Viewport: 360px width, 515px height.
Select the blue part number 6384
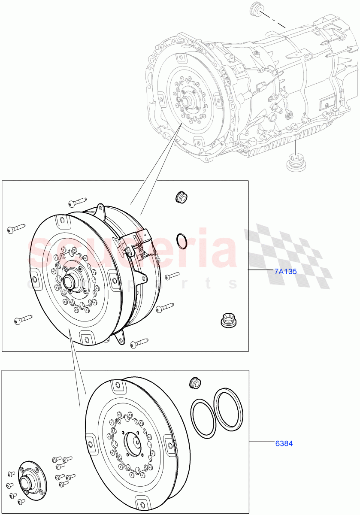point(284,443)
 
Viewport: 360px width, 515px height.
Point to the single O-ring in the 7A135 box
point(182,241)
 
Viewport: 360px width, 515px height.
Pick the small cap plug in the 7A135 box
point(181,197)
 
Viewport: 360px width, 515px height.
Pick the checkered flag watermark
point(287,255)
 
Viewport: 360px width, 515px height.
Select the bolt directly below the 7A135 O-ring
point(172,276)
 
